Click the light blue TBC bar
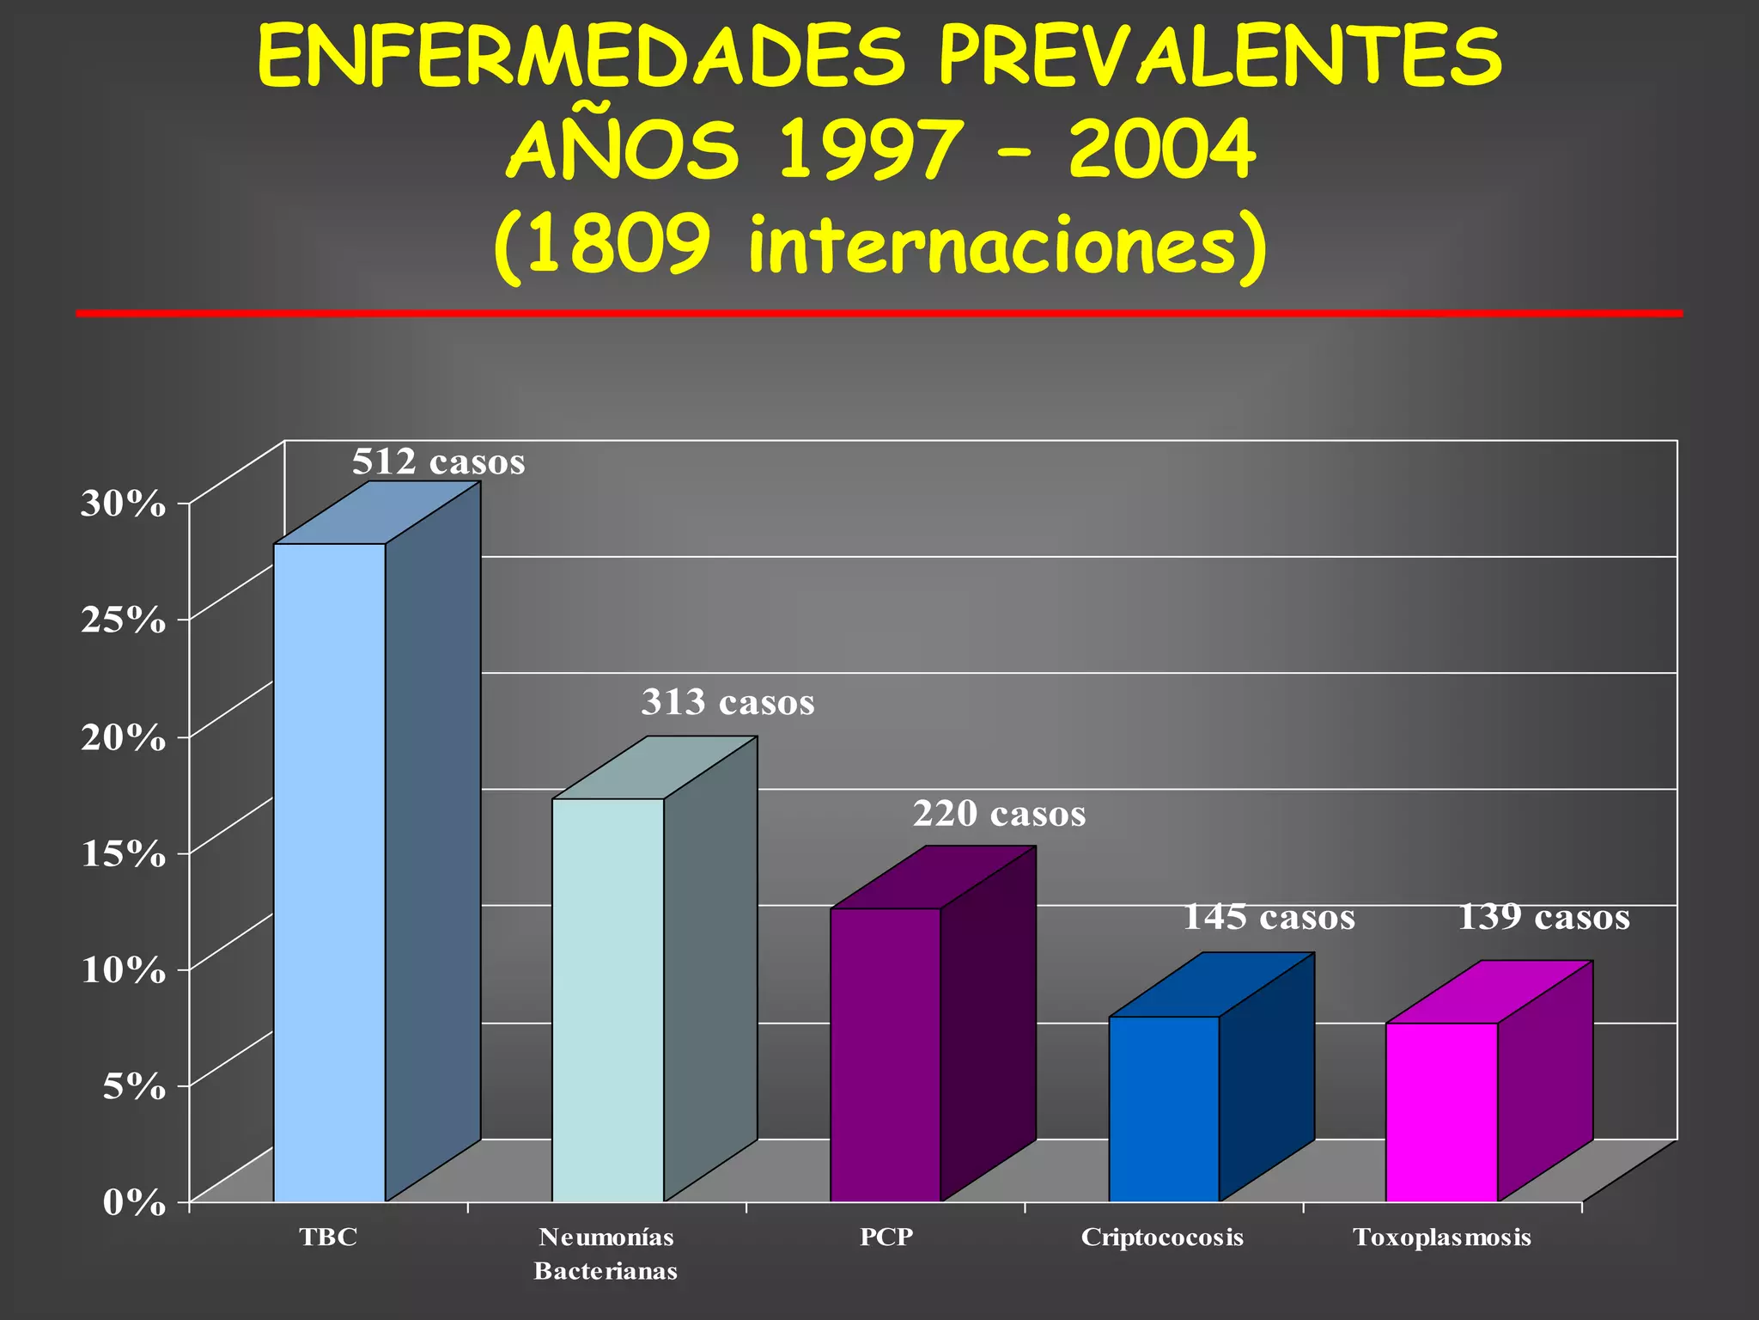[329, 872]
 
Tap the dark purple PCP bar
[886, 1054]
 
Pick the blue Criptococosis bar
[1164, 1109]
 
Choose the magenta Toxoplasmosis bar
[1441, 1112]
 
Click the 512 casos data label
[438, 462]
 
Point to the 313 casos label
[727, 703]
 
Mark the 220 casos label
[999, 814]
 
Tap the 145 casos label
[1269, 918]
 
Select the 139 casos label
[1543, 918]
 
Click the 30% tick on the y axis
[123, 504]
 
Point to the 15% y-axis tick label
[123, 853]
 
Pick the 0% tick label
[134, 1203]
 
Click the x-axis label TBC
[328, 1237]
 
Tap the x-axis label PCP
[886, 1237]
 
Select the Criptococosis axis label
[1162, 1237]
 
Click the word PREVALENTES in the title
[1220, 58]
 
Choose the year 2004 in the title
[1162, 150]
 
